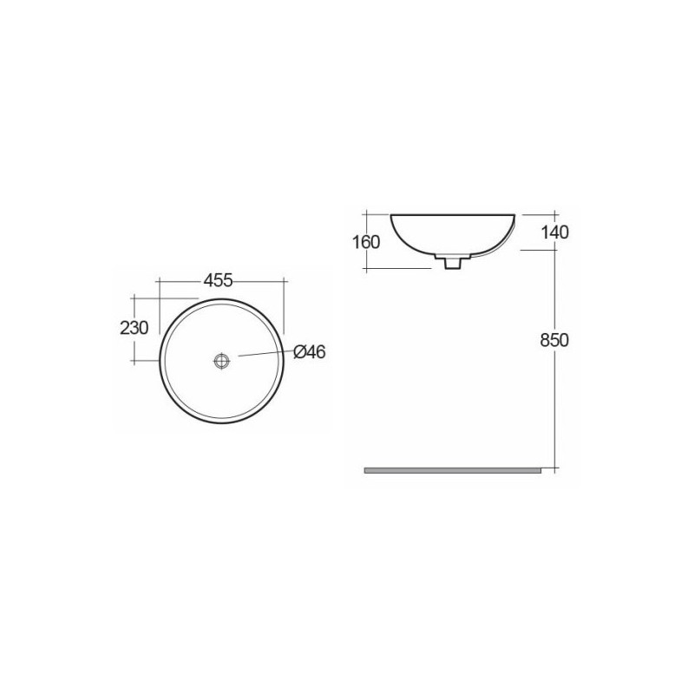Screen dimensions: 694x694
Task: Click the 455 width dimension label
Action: click(219, 279)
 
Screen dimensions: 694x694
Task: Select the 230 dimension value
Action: click(134, 328)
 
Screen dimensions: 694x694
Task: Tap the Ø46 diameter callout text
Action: click(310, 352)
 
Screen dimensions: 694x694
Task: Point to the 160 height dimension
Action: click(366, 242)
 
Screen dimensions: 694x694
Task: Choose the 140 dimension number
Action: click(554, 232)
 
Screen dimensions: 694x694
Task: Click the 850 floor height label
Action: click(554, 340)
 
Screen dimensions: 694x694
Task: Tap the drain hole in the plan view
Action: click(222, 361)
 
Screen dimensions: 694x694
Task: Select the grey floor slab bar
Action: click(452, 470)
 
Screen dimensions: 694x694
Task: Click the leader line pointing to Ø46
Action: click(266, 353)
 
